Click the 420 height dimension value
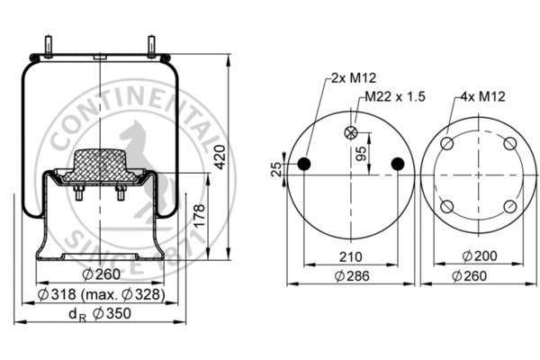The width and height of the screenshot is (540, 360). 220,157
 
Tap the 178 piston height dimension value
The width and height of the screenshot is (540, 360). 200,216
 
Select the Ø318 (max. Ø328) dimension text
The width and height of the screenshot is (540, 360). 101,294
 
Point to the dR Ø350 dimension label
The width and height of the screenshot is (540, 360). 100,314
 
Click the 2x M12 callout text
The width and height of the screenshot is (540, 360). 354,78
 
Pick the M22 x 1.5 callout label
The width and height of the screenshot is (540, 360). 395,96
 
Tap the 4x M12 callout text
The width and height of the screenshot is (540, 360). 482,96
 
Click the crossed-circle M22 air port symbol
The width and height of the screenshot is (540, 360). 351,132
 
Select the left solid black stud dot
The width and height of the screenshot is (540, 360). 304,164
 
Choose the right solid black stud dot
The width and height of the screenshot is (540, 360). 398,164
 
